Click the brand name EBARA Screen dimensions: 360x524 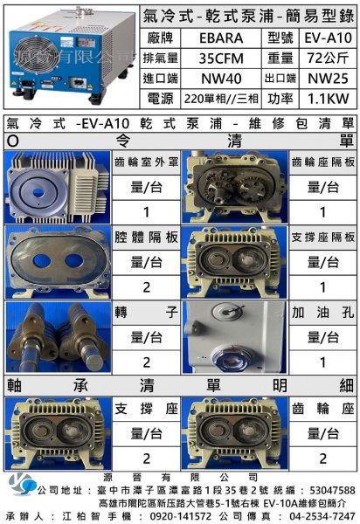pos(221,38)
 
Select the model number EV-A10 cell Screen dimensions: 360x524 pos(328,38)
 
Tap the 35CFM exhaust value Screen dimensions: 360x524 pos(221,59)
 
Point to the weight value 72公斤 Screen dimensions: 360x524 pos(328,59)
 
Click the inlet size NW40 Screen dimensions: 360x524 pos(221,79)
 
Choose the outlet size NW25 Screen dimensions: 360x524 pos(328,79)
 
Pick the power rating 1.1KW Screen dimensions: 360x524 pos(328,99)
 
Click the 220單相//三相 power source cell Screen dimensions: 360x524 pos(221,99)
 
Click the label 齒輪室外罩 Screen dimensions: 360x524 pos(146,162)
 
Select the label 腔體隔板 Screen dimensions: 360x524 pos(146,238)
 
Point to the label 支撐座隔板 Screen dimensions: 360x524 pos(322,238)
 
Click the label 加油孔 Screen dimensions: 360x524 pos(322,313)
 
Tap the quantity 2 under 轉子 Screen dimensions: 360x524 pos(146,362)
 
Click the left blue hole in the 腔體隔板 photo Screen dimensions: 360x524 pos(42,261)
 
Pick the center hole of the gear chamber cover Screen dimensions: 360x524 pos(38,193)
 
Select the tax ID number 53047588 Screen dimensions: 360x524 pos(332,490)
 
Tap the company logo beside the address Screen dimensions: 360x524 pos(22,484)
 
